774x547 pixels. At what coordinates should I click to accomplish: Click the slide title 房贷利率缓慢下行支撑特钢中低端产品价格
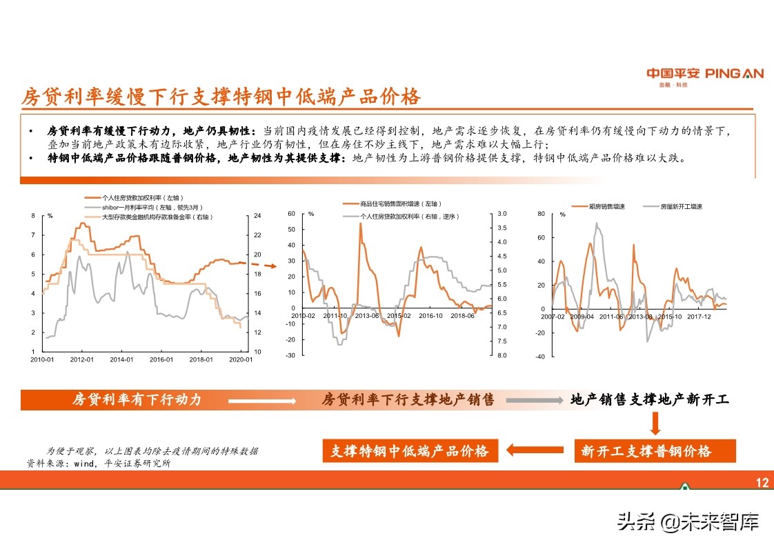[221, 97]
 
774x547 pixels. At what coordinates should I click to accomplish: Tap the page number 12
[762, 483]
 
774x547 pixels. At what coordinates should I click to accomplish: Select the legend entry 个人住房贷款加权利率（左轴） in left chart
[137, 197]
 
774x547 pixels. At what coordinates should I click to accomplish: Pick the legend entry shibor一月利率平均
[146, 207]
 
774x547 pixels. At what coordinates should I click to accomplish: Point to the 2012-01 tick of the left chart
[82, 359]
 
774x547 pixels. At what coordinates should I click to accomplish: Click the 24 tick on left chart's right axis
[257, 216]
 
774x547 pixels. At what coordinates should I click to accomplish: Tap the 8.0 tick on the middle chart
[502, 355]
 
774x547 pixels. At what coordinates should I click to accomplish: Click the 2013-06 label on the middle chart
[366, 315]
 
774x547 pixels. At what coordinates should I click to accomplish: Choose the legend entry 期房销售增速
[607, 206]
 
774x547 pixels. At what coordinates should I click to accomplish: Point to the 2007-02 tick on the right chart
[553, 317]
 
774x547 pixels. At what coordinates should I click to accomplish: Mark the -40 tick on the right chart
[540, 357]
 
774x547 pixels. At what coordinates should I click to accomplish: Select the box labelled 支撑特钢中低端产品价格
[409, 451]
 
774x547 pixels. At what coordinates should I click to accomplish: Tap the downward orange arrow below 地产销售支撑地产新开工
[655, 422]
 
